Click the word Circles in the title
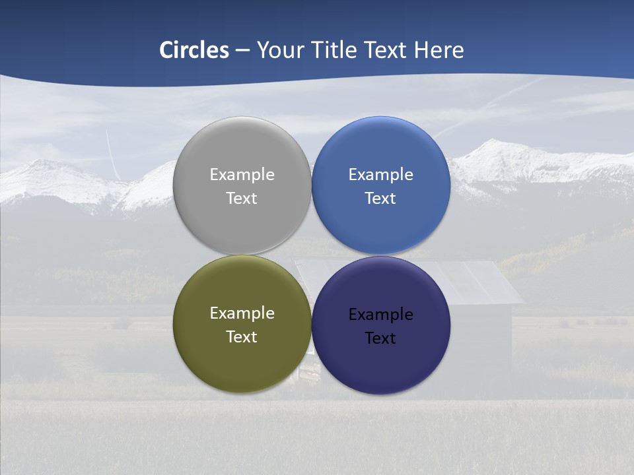(194, 50)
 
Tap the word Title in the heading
(334, 50)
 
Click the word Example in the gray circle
(242, 175)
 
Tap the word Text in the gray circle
(242, 199)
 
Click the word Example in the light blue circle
(381, 175)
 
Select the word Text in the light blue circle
(381, 199)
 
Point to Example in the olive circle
(242, 314)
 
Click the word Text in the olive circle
(242, 337)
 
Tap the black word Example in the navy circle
(381, 315)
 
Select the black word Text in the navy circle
(381, 338)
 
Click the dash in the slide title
(242, 51)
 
